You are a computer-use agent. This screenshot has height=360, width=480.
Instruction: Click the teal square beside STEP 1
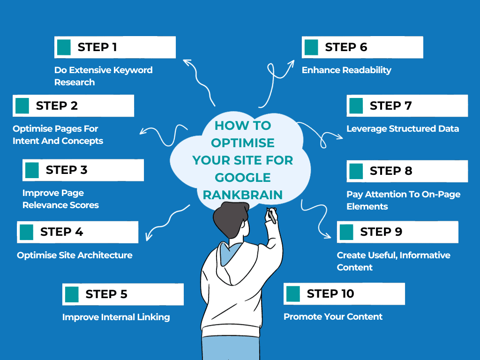(x=63, y=47)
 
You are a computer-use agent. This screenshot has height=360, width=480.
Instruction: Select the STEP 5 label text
(x=106, y=294)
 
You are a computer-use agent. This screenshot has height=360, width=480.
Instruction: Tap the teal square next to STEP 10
(x=292, y=294)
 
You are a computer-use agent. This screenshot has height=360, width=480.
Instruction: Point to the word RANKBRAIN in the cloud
(x=243, y=194)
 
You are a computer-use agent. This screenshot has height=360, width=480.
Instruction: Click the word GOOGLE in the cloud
(x=243, y=177)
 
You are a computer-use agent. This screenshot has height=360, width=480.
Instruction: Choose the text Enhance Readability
(x=346, y=70)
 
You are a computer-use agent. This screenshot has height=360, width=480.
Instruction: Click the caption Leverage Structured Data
(x=403, y=129)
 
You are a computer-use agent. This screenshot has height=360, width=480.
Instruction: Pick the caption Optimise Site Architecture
(x=75, y=255)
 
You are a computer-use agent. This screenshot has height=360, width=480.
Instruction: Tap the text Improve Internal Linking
(x=116, y=317)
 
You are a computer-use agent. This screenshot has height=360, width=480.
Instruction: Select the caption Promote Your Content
(x=333, y=317)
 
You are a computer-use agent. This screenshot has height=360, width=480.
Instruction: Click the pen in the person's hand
(x=271, y=216)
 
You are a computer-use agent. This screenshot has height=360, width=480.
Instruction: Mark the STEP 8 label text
(x=390, y=171)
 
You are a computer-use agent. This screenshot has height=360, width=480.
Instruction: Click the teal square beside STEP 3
(x=32, y=170)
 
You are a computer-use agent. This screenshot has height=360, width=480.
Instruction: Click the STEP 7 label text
(x=390, y=106)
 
